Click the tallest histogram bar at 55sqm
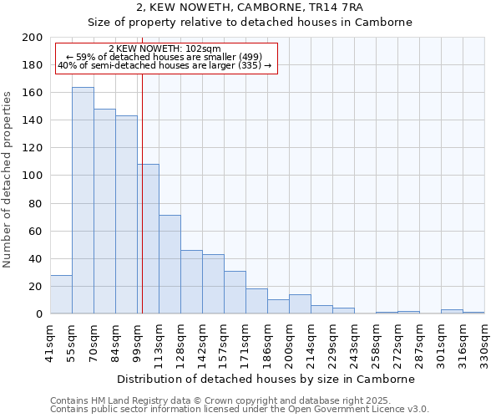coord(83,201)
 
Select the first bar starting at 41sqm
coord(61,294)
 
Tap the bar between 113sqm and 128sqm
coord(170,264)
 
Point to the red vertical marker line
coord(142,209)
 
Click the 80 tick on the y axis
coord(35,203)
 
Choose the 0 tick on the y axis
coord(38,313)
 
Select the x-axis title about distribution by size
coord(266,379)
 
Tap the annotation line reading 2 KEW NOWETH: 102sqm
coord(164,49)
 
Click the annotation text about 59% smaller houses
coord(164,57)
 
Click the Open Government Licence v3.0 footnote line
coord(239,409)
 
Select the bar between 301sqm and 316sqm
coord(452,312)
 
